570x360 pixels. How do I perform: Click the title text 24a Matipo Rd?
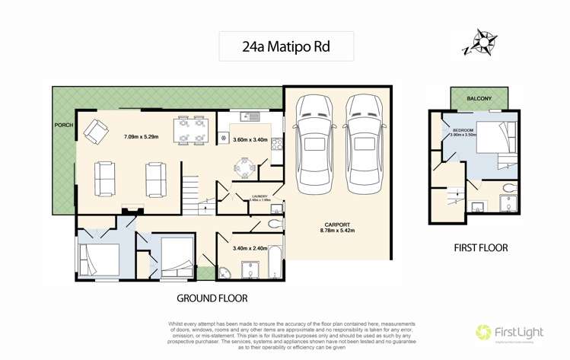[286, 47]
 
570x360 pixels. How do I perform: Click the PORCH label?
[63, 124]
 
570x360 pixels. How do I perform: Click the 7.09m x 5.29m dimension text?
[142, 138]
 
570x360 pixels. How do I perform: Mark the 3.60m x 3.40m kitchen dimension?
[250, 139]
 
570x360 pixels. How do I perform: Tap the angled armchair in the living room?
[95, 132]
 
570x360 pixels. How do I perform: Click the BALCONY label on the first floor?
[479, 98]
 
